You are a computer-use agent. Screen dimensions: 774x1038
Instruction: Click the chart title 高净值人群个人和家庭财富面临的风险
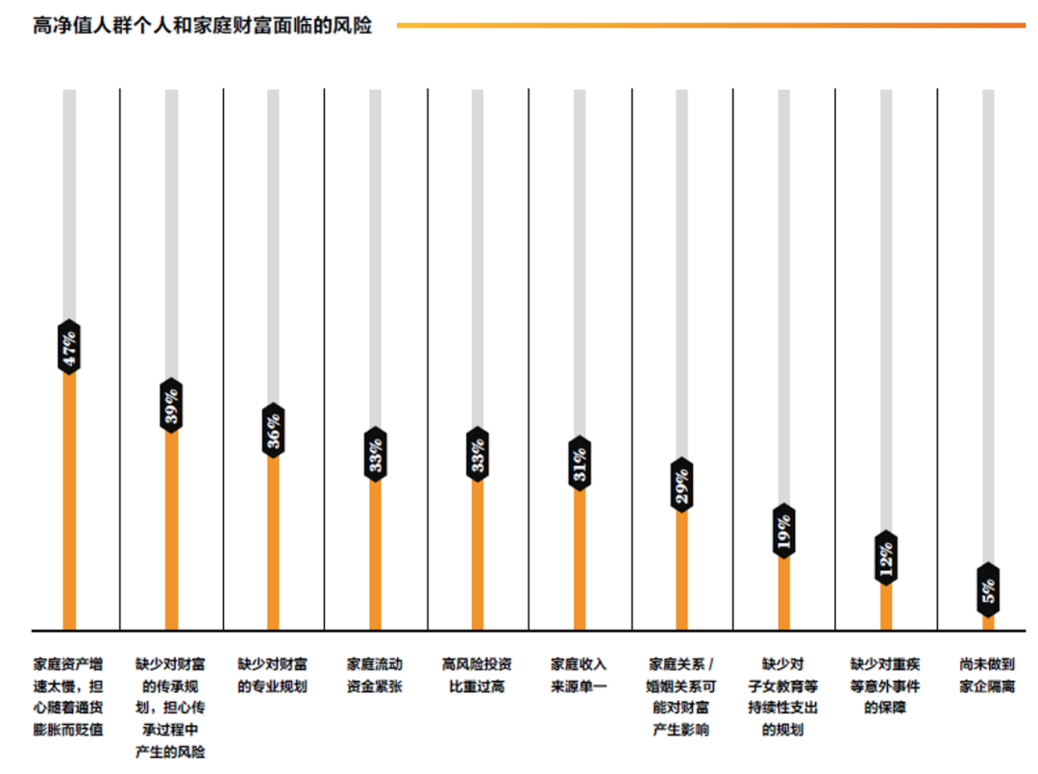[202, 26]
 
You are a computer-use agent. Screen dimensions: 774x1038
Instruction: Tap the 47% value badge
[69, 345]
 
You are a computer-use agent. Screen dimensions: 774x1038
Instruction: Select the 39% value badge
[171, 405]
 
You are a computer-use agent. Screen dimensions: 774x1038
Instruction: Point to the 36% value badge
[273, 430]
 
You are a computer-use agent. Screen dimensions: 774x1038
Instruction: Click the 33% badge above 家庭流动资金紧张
[375, 454]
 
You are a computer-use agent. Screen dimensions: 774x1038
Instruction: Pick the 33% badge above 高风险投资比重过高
[478, 454]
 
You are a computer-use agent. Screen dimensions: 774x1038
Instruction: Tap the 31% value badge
[580, 464]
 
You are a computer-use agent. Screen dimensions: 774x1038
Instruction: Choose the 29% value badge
[681, 485]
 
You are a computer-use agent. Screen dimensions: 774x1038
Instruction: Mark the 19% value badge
[783, 530]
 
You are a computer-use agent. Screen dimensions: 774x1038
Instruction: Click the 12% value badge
[886, 558]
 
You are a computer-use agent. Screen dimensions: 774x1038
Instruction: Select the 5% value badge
[988, 589]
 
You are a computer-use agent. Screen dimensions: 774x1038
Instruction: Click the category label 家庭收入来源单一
[579, 675]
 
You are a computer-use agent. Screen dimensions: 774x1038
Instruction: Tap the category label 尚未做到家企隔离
[987, 675]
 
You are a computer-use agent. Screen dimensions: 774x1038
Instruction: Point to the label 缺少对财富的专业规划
[273, 675]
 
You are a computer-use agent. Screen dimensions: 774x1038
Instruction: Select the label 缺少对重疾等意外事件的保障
[885, 686]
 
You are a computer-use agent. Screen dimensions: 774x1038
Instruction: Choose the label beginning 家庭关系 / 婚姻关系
[681, 697]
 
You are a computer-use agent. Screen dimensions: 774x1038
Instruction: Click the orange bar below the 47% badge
[69, 500]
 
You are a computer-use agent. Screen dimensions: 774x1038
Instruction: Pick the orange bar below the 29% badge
[681, 572]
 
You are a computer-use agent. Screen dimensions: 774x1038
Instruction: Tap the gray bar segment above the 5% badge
[988, 327]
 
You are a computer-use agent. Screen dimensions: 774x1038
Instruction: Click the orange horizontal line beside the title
[711, 26]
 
